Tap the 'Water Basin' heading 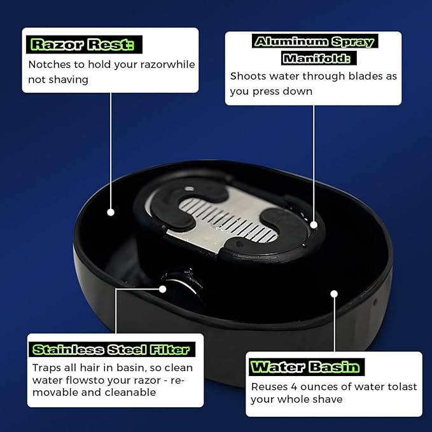tap(305, 367)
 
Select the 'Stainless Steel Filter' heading tap(111, 350)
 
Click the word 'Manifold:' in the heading tap(317, 59)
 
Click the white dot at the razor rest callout tap(111, 211)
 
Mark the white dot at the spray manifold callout tap(314, 224)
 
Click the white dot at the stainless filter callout tap(163, 289)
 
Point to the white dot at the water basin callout tap(334, 294)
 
